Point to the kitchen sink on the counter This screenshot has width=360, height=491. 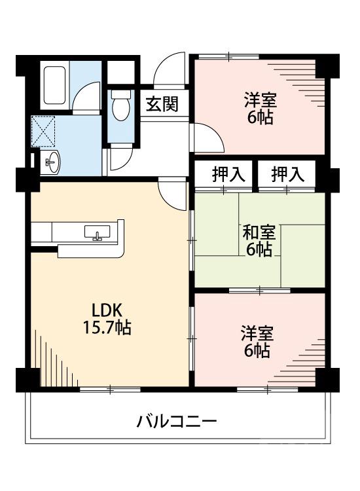(98, 233)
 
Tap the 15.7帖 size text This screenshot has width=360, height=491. (105, 328)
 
